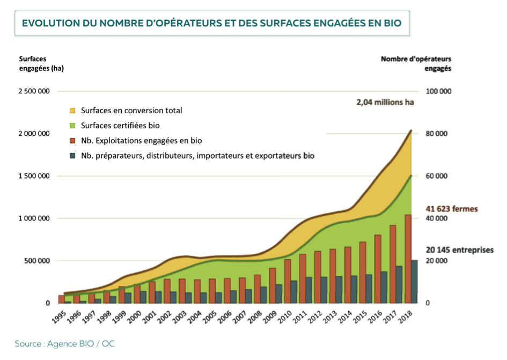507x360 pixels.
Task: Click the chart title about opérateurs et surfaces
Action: click(212, 24)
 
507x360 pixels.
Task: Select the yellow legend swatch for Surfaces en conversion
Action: click(72, 111)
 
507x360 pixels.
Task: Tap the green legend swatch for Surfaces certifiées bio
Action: click(72, 126)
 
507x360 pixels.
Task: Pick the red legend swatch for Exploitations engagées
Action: click(72, 141)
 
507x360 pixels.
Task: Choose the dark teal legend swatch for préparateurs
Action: click(72, 156)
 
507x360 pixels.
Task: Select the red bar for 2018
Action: click(408, 259)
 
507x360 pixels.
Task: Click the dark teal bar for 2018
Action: click(414, 282)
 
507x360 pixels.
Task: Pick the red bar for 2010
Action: click(288, 281)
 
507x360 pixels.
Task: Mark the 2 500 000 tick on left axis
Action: click(34, 91)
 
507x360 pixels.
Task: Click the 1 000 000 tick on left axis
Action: click(34, 218)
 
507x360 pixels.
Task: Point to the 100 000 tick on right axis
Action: click(438, 91)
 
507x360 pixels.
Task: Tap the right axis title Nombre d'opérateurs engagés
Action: click(416, 63)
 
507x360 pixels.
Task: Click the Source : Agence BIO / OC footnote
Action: click(64, 343)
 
